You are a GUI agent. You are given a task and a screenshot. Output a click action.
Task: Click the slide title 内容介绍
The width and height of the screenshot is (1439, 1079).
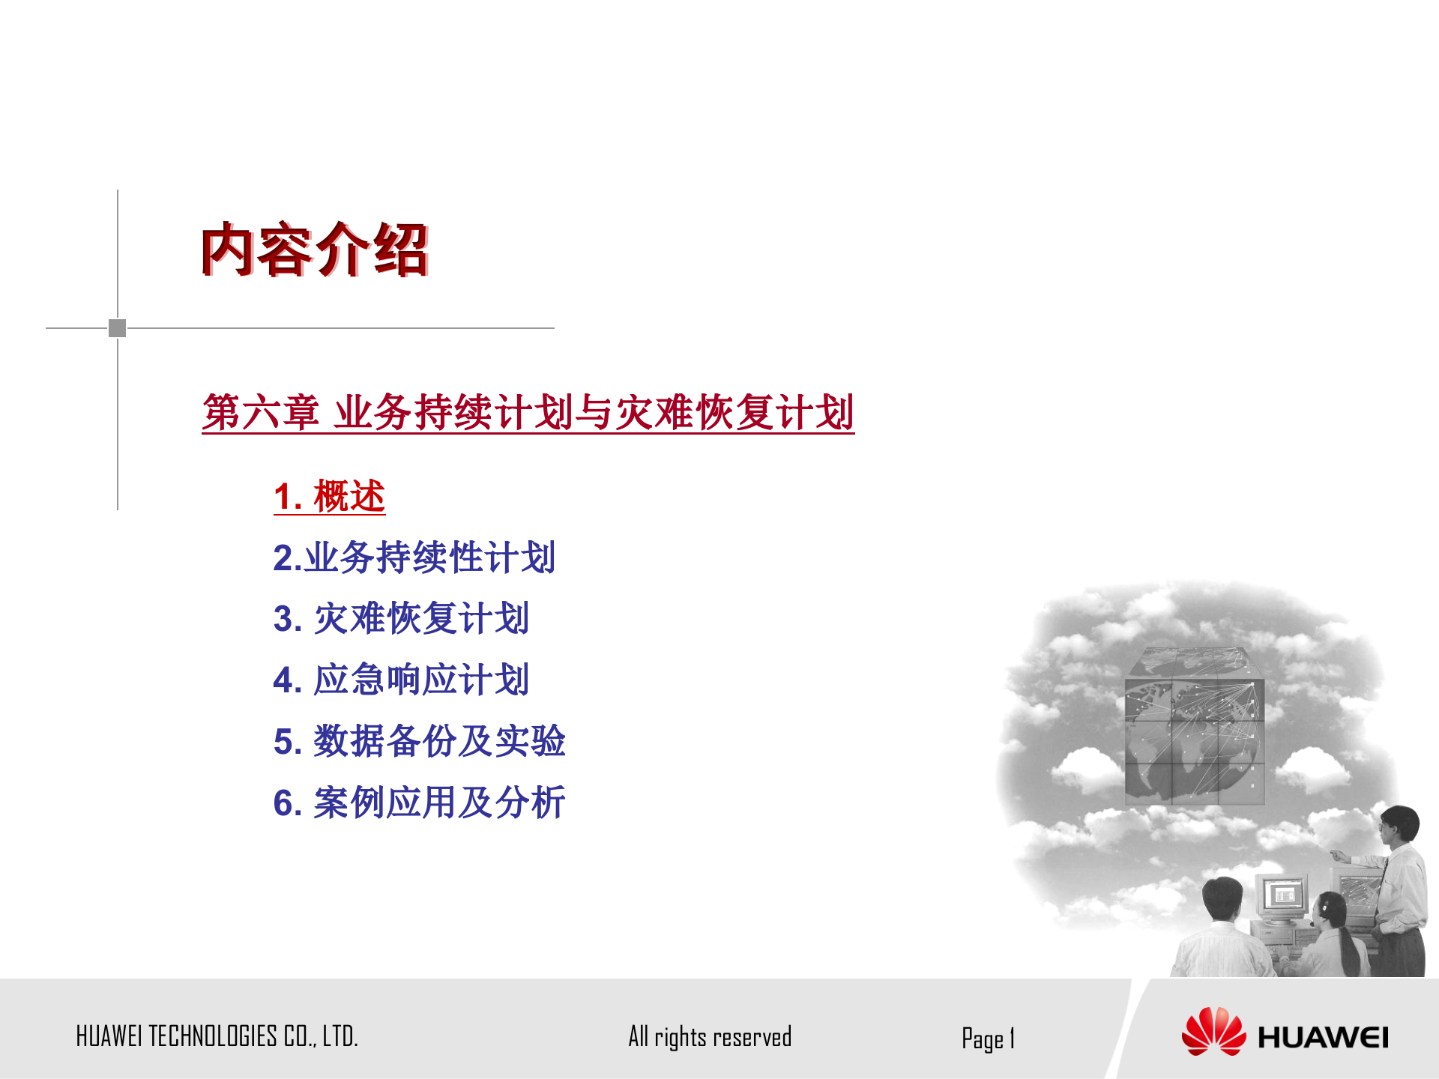(314, 250)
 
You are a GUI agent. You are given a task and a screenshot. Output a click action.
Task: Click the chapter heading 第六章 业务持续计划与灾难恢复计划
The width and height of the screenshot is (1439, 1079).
(528, 412)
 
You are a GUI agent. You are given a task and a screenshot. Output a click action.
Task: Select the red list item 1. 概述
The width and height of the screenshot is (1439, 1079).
(329, 496)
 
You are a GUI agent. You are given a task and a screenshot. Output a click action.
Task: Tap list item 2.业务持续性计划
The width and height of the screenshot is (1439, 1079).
(414, 557)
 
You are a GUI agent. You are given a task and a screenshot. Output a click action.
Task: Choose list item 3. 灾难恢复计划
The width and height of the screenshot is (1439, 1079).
(401, 619)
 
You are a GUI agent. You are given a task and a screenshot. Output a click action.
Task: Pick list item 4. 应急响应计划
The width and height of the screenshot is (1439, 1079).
(401, 680)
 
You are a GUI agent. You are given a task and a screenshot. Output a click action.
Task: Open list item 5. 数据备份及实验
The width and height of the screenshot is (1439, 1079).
(419, 742)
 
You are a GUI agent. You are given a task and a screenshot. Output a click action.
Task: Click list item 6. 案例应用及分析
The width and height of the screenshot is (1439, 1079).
(419, 803)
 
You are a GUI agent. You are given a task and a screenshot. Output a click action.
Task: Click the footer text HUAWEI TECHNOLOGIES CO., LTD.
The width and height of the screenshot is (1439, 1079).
(217, 1036)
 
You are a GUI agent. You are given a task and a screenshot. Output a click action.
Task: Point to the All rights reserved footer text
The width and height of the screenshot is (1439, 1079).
(710, 1037)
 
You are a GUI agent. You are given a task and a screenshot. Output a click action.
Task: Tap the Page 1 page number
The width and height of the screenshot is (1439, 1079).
(988, 1039)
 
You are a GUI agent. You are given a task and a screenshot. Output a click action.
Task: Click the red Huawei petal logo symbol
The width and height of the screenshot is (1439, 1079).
(1213, 1032)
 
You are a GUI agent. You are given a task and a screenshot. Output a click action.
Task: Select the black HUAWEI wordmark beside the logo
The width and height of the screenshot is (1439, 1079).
(1323, 1038)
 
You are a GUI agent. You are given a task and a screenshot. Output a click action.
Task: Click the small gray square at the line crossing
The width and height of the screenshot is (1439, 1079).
(118, 328)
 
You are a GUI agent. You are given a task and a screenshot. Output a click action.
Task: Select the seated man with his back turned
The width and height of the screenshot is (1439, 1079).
(1222, 929)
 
